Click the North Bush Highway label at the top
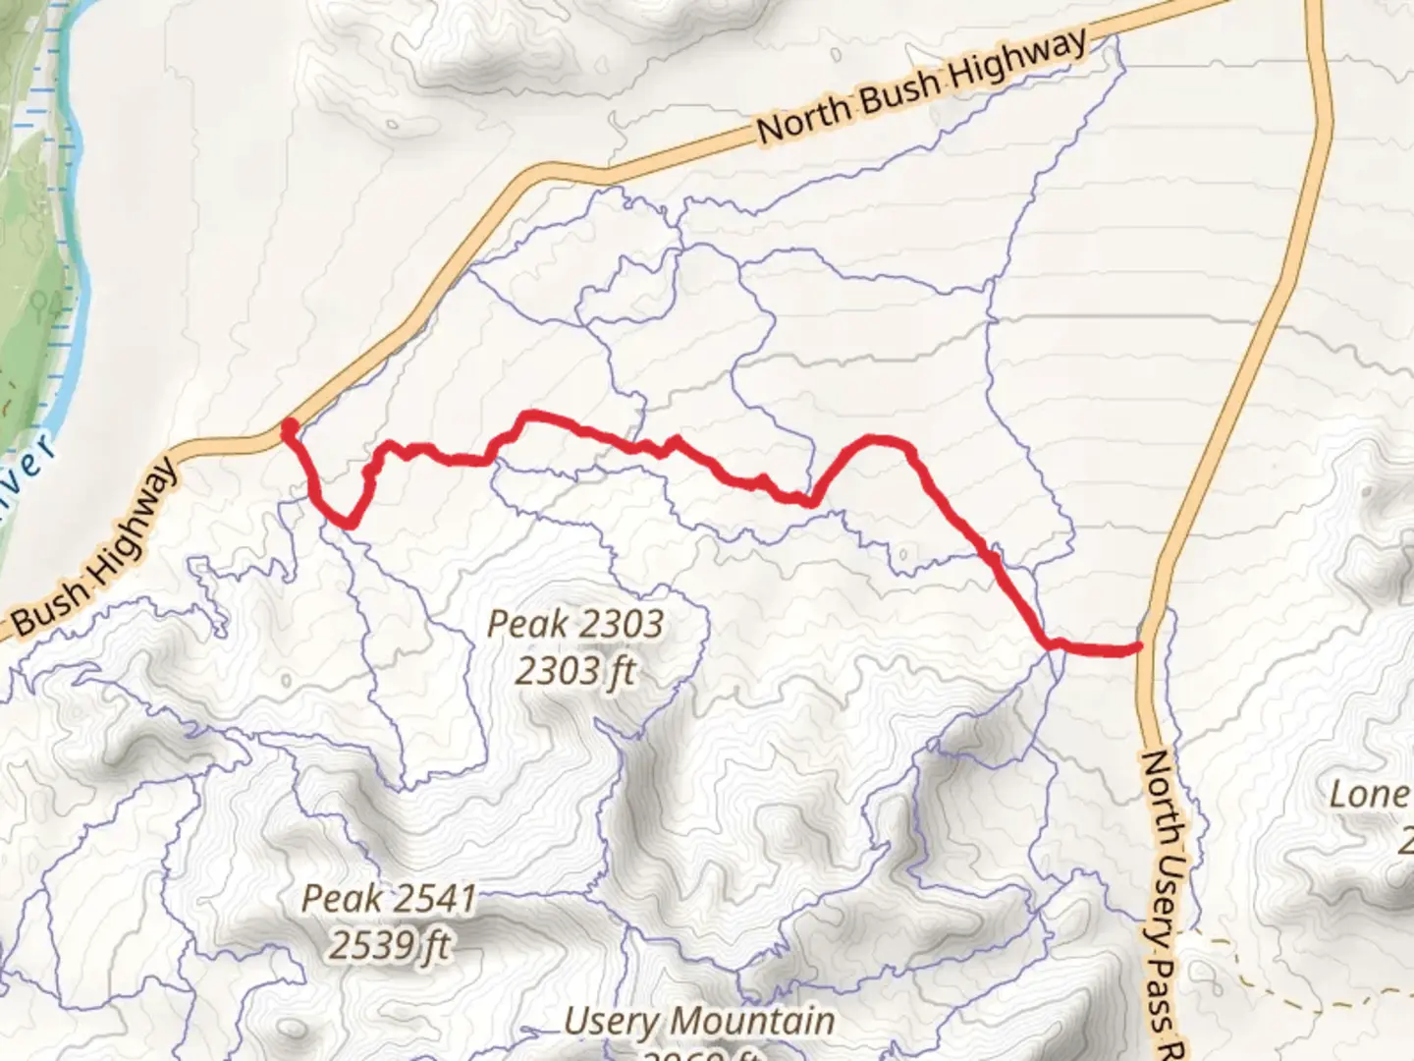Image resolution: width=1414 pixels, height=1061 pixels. tap(923, 87)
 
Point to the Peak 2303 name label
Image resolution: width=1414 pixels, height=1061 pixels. tap(575, 625)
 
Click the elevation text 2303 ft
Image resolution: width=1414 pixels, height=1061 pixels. tap(575, 672)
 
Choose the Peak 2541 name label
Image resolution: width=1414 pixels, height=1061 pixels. tap(389, 898)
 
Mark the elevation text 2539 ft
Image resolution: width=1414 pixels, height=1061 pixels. tap(389, 945)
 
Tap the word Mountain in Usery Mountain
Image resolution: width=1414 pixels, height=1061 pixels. tap(754, 1022)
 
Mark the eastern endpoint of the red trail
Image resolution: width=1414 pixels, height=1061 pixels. tap(1136, 646)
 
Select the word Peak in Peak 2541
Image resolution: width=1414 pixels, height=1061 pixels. tap(341, 898)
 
